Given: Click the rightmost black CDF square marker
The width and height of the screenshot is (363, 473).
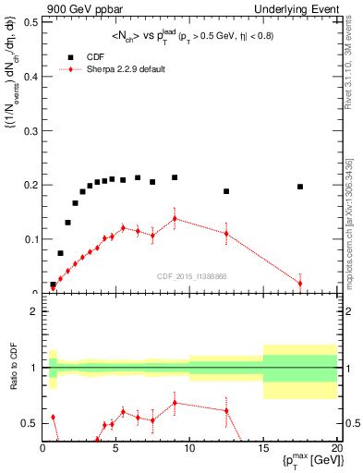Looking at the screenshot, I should click(x=300, y=187).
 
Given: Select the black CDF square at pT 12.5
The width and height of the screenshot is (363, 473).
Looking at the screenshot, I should click(x=226, y=191).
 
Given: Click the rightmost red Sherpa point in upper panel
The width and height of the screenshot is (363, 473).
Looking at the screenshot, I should click(x=300, y=283).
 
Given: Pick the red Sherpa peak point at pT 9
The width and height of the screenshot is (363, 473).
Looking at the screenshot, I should click(x=175, y=219).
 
